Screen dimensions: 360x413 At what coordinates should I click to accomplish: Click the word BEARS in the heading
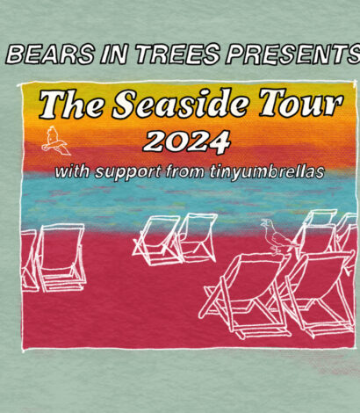coord(50,54)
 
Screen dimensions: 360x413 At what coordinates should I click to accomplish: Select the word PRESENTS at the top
coord(292,54)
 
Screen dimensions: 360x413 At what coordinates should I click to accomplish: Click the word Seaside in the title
coord(182,104)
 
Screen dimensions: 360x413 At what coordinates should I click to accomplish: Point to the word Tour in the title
coord(300,104)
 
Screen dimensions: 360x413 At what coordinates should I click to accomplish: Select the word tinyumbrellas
coord(267,171)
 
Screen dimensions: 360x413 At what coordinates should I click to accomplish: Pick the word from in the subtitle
coord(184,171)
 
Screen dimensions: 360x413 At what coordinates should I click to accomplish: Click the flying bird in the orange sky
coord(55,141)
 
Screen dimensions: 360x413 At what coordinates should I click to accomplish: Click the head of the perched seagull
coord(266,223)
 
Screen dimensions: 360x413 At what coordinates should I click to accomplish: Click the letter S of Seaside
coord(126,104)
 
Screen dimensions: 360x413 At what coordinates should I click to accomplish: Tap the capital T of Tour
coord(274,102)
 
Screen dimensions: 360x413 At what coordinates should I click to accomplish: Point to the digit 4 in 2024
coord(219,142)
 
